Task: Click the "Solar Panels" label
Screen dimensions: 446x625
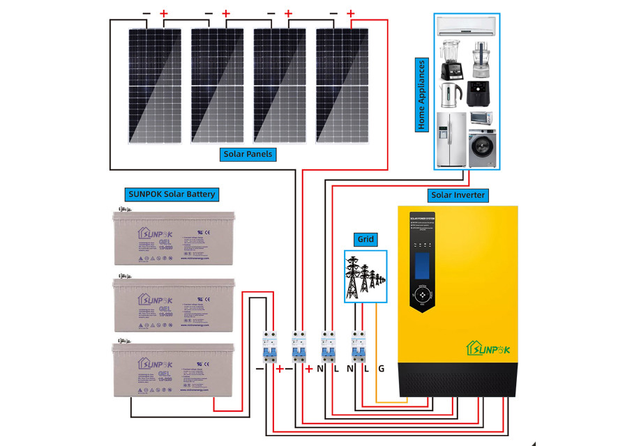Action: [248, 153]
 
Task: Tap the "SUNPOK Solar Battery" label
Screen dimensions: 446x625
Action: [171, 194]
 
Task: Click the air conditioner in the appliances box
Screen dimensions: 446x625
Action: [466, 27]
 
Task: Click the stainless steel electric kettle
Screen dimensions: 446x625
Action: [449, 94]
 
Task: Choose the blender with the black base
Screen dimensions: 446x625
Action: [449, 59]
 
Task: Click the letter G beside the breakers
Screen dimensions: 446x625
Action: [381, 368]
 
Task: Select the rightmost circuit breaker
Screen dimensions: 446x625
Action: [359, 346]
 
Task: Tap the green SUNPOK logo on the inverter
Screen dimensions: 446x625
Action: [488, 346]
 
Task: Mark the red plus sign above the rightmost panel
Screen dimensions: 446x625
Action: [351, 13]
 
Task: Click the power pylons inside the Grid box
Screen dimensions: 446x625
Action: [365, 276]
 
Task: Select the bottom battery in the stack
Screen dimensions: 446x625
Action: [172, 370]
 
